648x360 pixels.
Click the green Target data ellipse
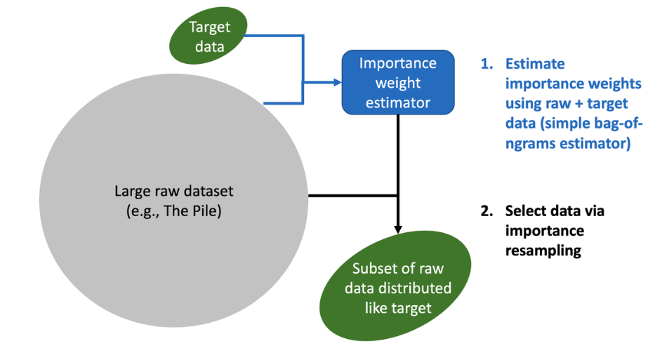pos(209,36)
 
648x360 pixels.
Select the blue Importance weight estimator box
pos(398,82)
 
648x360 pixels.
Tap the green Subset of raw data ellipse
pos(395,286)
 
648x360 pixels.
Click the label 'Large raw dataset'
pos(173,191)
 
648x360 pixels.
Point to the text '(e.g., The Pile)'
pos(173,211)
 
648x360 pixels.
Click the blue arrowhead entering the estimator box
pos(337,82)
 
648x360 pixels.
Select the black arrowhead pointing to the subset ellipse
pos(398,229)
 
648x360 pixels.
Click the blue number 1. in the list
pos(487,64)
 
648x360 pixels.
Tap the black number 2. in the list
pos(487,211)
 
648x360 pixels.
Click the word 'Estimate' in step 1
pos(535,64)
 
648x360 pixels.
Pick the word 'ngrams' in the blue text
pos(530,144)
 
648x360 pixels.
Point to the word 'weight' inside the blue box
pos(398,83)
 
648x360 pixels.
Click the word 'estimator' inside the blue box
pos(398,102)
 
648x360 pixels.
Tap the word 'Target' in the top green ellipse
pos(209,27)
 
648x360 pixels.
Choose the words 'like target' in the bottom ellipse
pos(398,308)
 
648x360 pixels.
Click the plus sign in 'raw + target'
pos(578,104)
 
